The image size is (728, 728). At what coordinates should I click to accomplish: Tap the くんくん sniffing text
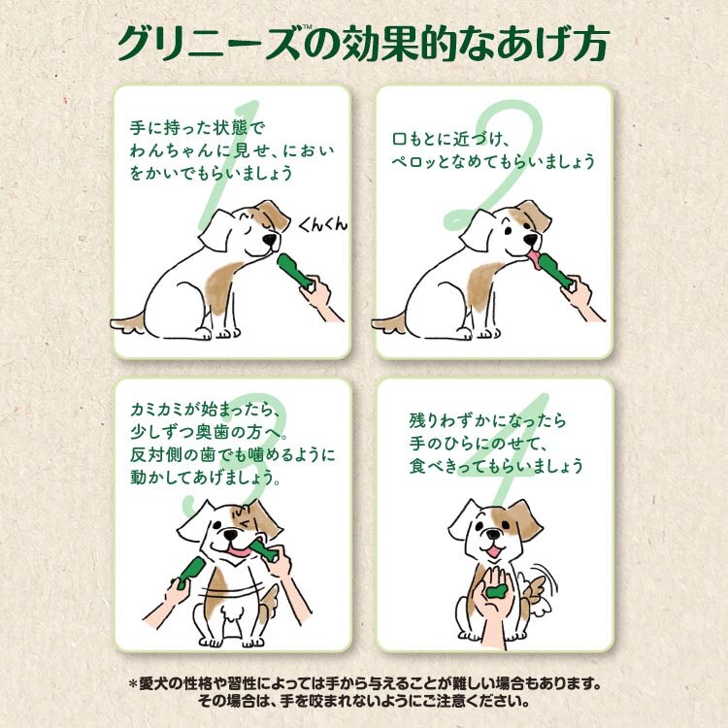click(x=321, y=225)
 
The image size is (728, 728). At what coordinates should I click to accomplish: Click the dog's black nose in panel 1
click(x=270, y=239)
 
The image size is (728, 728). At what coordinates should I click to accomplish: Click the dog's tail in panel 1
click(x=128, y=322)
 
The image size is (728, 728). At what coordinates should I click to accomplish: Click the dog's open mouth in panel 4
click(x=493, y=551)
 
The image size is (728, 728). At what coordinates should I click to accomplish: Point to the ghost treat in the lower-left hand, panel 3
click(x=189, y=572)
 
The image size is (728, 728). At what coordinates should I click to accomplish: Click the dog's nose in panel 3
click(x=229, y=535)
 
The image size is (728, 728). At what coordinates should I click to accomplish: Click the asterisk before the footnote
click(x=133, y=683)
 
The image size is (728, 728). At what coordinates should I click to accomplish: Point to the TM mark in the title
click(x=307, y=28)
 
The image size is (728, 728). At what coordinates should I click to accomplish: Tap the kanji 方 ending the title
click(x=590, y=44)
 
